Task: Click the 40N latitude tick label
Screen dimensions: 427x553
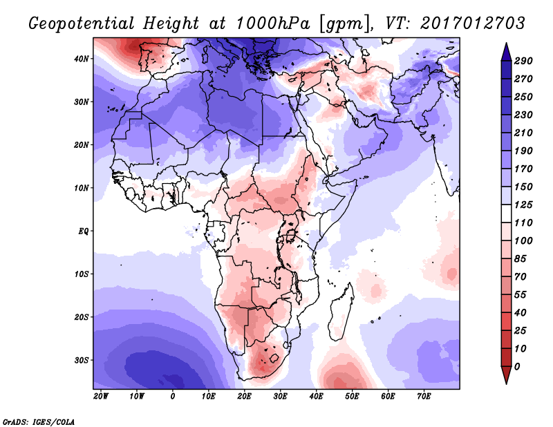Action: pyautogui.click(x=82, y=58)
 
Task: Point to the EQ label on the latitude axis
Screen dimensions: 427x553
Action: pyautogui.click(x=83, y=230)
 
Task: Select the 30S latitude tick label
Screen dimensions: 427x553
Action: pyautogui.click(x=82, y=360)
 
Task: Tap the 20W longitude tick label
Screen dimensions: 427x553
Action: pyautogui.click(x=101, y=397)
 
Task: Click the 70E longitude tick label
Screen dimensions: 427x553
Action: pyautogui.click(x=423, y=397)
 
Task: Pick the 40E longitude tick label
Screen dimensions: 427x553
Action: pyautogui.click(x=316, y=397)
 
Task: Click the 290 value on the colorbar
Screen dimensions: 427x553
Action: pyautogui.click(x=523, y=61)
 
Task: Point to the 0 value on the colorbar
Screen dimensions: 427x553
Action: pyautogui.click(x=518, y=366)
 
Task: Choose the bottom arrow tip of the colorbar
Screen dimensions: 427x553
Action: pyautogui.click(x=505, y=383)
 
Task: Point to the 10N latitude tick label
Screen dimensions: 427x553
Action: pyautogui.click(x=82, y=187)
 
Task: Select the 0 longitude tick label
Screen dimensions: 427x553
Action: pyautogui.click(x=173, y=397)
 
